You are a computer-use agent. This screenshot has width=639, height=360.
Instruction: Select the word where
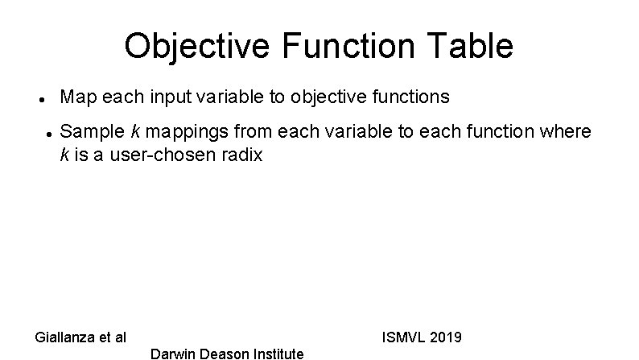coord(567,131)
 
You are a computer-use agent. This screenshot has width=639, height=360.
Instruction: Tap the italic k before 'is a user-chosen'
coord(65,155)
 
